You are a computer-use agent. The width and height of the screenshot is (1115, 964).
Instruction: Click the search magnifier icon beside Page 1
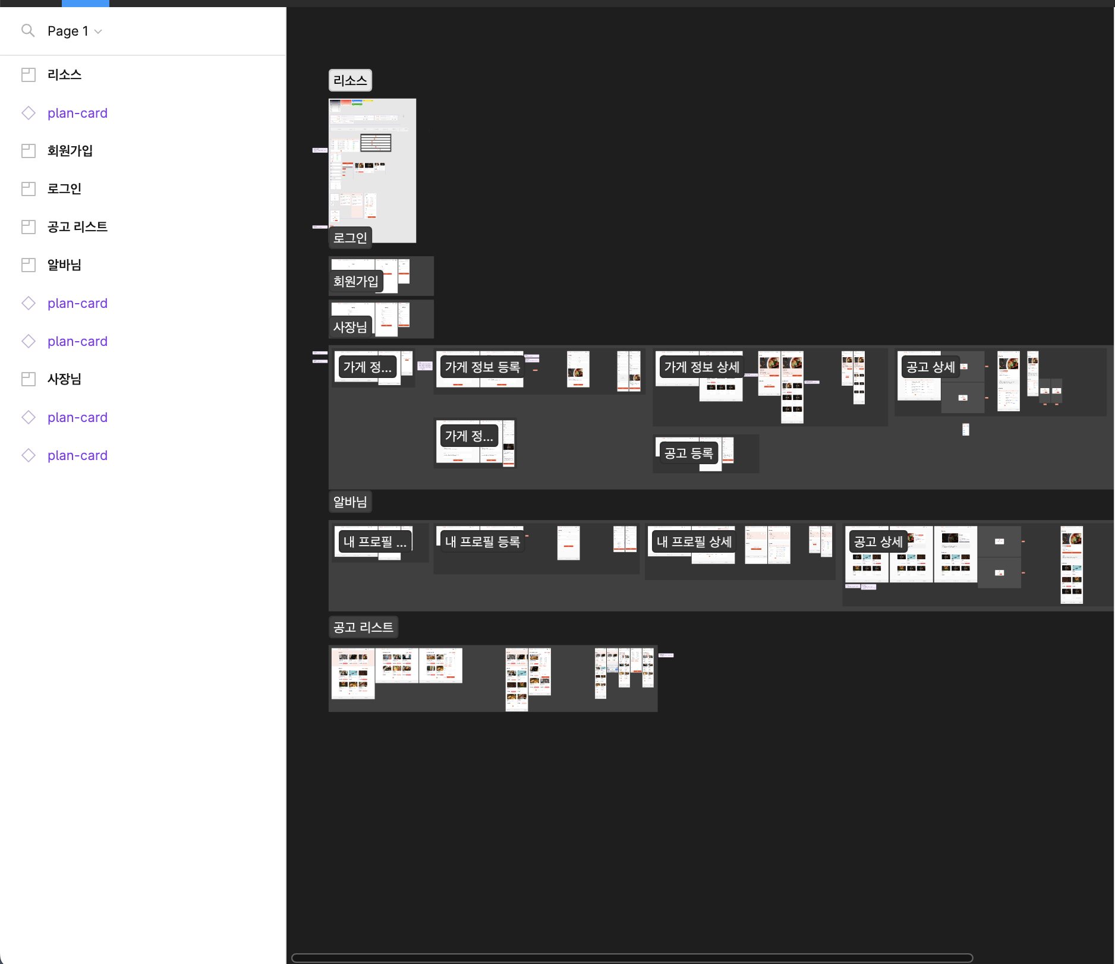click(x=28, y=30)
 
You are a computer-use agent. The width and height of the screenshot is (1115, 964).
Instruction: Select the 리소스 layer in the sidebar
click(x=64, y=75)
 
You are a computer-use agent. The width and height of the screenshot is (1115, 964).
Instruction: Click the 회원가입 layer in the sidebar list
click(x=70, y=151)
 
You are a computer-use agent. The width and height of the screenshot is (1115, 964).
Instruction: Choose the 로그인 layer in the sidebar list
click(x=64, y=189)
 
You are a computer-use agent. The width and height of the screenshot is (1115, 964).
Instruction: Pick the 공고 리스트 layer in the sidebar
click(x=77, y=227)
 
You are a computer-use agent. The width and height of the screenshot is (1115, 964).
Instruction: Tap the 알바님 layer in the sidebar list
click(x=64, y=265)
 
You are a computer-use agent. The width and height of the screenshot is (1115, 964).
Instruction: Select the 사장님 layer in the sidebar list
click(x=64, y=379)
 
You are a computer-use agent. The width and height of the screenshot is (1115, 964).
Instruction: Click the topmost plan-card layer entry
click(x=77, y=113)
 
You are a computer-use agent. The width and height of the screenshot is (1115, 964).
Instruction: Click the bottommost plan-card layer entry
click(x=77, y=455)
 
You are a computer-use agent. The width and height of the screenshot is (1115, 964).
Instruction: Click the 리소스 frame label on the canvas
click(x=350, y=80)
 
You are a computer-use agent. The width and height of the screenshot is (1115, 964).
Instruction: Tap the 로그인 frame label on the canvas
click(x=350, y=238)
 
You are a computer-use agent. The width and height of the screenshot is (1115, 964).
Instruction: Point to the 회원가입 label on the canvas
click(x=355, y=281)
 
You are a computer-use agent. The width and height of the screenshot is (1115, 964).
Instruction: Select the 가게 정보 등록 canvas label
click(x=482, y=367)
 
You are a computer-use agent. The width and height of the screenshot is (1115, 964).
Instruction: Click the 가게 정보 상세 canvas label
click(x=701, y=367)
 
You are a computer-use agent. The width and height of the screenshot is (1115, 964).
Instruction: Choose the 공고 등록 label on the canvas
click(x=688, y=453)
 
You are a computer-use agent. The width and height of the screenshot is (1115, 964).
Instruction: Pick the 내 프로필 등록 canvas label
click(x=482, y=542)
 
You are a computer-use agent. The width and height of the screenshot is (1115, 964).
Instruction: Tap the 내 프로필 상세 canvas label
click(x=694, y=542)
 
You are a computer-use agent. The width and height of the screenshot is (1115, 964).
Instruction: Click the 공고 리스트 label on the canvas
click(x=363, y=627)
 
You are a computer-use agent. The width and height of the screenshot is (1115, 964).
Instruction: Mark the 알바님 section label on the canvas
click(x=350, y=502)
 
